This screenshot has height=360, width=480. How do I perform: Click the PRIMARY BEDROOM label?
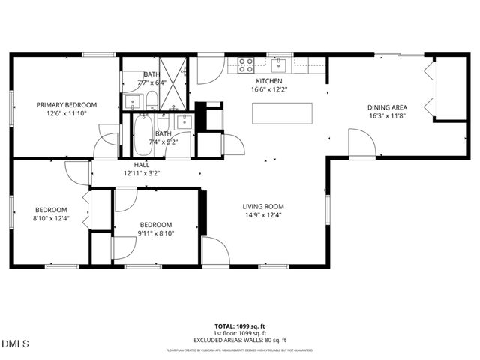(x=67, y=104)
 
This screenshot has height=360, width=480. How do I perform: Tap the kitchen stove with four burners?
(x=246, y=64)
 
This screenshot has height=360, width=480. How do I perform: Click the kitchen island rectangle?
(x=282, y=113)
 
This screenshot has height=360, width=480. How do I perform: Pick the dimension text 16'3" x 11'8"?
(x=388, y=116)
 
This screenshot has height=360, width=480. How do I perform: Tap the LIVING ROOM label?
(x=262, y=206)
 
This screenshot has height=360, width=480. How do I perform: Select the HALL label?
(x=142, y=164)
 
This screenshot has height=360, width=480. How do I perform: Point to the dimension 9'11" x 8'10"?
(x=156, y=233)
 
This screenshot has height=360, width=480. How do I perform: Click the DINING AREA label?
(x=388, y=107)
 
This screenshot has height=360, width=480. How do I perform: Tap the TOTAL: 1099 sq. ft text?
(x=241, y=326)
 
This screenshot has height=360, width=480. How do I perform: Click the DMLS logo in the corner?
(x=16, y=343)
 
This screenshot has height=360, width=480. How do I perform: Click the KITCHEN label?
(x=269, y=80)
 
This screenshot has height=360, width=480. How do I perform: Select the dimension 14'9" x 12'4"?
(x=262, y=215)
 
